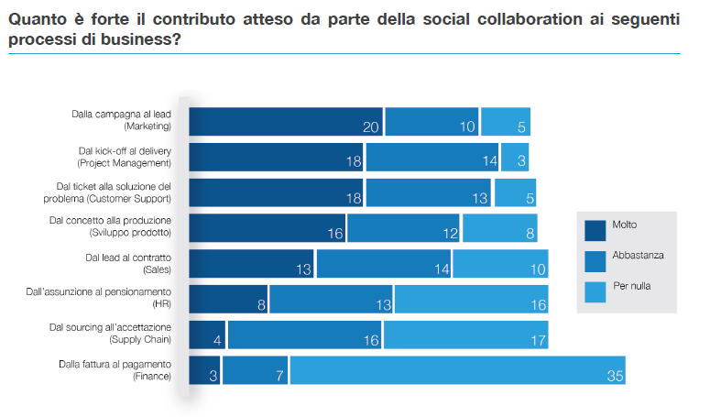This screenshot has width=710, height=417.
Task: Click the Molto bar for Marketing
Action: tap(286, 121)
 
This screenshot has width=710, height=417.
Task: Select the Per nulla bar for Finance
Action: tap(457, 370)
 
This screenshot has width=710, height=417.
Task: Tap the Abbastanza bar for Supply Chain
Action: tap(305, 335)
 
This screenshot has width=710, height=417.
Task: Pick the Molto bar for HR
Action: tap(227, 299)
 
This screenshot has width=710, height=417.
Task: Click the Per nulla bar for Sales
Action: tap(500, 264)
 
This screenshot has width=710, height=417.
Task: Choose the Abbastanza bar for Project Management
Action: tap(431, 157)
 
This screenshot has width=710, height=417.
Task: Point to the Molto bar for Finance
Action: tap(204, 370)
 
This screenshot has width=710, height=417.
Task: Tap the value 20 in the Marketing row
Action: tap(371, 126)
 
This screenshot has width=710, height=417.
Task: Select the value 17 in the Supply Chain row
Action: tap(537, 340)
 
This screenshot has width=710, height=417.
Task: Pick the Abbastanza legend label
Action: tap(638, 256)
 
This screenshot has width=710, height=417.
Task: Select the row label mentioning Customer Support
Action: tap(107, 192)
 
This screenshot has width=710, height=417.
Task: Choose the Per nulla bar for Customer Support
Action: tap(515, 192)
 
